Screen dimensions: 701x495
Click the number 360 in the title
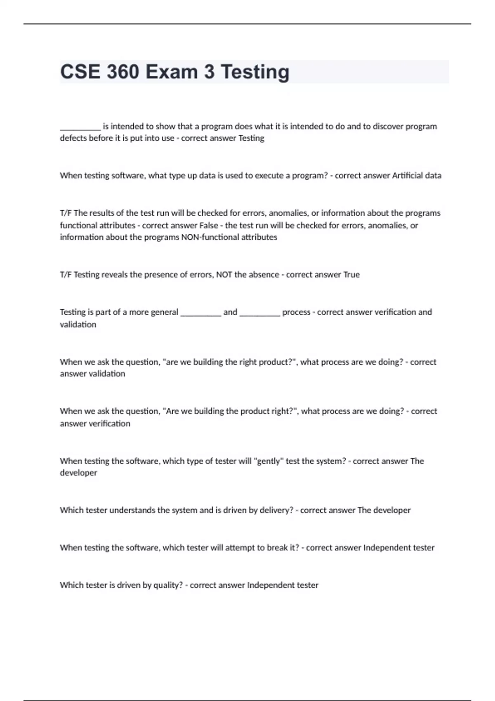tap(123, 72)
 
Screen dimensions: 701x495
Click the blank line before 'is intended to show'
tap(80, 127)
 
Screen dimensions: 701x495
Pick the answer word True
tap(351, 275)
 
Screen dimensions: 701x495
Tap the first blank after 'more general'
tap(201, 313)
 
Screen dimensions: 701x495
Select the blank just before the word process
tap(259, 313)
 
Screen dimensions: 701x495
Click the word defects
tap(73, 138)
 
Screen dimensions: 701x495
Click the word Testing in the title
tap(255, 72)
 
